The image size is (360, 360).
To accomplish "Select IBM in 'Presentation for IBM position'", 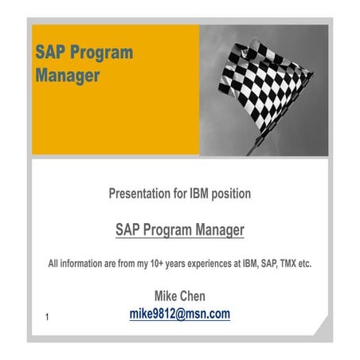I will [x=202, y=194].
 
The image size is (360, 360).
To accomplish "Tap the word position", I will [x=233, y=194].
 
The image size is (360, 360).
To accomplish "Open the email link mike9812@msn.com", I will [x=180, y=314].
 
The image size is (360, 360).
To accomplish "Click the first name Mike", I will [x=154, y=296].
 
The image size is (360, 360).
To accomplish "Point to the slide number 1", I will [x=48, y=319].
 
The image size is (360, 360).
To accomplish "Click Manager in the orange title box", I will [x=68, y=76].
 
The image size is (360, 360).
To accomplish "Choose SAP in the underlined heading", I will [x=129, y=230].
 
